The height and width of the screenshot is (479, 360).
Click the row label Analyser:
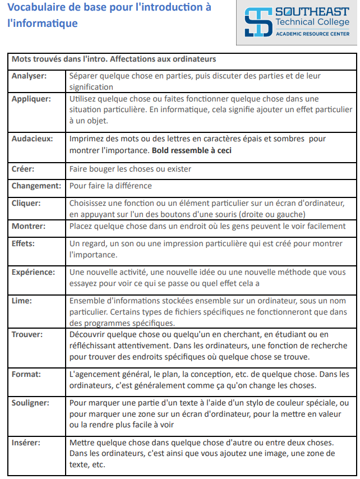(29, 76)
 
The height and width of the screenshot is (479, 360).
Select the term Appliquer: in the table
(31, 99)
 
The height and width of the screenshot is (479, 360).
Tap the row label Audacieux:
(33, 139)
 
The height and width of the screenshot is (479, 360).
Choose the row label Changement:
(36, 186)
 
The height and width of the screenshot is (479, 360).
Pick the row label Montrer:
(29, 226)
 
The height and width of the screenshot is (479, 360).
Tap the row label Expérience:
(34, 272)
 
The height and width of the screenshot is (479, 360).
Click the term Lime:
(22, 301)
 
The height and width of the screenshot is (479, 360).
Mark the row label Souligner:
(31, 403)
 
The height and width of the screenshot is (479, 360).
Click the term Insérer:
(27, 443)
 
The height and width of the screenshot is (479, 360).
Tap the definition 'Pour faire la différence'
(110, 186)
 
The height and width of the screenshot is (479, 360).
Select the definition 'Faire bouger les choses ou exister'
(130, 169)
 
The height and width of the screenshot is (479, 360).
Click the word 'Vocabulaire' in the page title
(35, 8)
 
